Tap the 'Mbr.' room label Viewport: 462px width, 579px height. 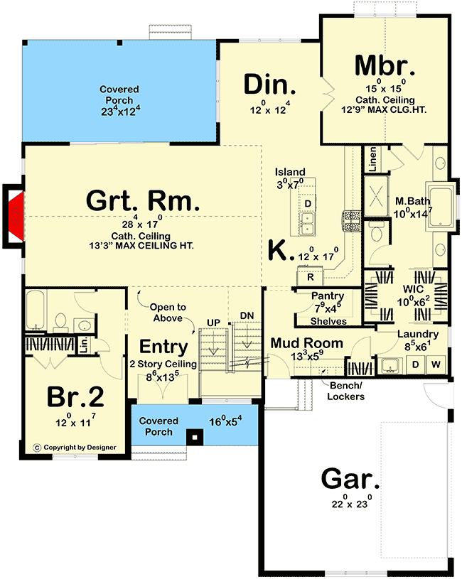(x=385, y=65)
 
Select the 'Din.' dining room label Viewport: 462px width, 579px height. (x=270, y=85)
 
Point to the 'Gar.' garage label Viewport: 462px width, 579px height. (x=350, y=479)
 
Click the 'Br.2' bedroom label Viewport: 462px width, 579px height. (x=75, y=396)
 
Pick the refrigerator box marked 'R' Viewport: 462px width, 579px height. (x=310, y=277)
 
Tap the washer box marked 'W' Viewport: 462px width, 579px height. (x=436, y=364)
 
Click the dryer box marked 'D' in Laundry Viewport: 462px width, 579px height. (x=416, y=364)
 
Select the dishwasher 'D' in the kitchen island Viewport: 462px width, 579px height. (x=308, y=204)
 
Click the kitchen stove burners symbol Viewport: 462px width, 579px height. (x=351, y=221)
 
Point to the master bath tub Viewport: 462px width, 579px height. (x=440, y=206)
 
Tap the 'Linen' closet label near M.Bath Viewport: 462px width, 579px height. (x=373, y=159)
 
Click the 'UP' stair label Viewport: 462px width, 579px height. (x=213, y=323)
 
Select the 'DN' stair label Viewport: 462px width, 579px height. (x=247, y=315)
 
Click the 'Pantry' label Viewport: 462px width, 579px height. (x=328, y=296)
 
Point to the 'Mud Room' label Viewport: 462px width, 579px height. (x=307, y=343)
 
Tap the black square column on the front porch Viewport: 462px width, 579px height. (x=195, y=438)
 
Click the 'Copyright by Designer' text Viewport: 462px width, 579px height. (x=80, y=448)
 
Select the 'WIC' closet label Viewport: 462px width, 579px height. (x=413, y=288)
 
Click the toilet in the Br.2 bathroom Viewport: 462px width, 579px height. (x=60, y=322)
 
